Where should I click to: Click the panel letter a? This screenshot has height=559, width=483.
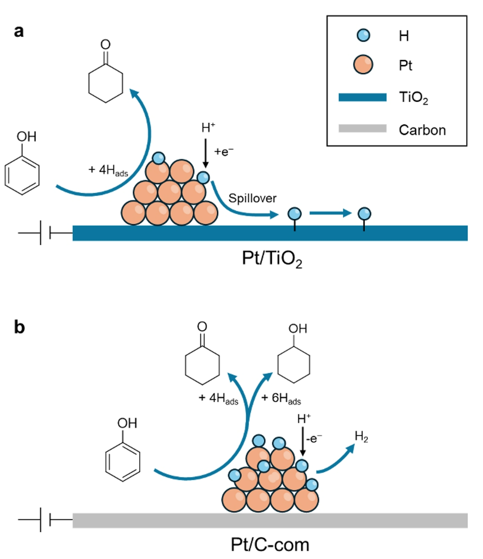click(x=19, y=32)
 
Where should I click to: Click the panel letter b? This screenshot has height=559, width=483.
click(x=19, y=328)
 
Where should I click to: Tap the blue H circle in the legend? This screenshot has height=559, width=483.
click(x=363, y=35)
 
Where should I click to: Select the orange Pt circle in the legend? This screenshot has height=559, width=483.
click(x=363, y=65)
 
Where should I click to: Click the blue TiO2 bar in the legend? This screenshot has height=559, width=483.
click(x=362, y=97)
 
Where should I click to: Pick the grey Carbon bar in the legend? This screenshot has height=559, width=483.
click(x=362, y=129)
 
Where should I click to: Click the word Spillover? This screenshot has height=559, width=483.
click(x=253, y=198)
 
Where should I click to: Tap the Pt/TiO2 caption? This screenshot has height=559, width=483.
click(x=272, y=259)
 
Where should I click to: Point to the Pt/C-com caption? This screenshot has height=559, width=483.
click(x=270, y=544)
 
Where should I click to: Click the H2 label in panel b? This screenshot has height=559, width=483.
click(x=361, y=437)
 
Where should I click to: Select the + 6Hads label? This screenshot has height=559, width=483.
click(x=281, y=398)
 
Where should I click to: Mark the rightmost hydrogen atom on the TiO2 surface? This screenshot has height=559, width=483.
click(x=364, y=213)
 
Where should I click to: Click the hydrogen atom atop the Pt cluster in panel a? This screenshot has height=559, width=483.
click(x=158, y=159)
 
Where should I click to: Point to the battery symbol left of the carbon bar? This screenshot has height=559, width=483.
click(x=45, y=520)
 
